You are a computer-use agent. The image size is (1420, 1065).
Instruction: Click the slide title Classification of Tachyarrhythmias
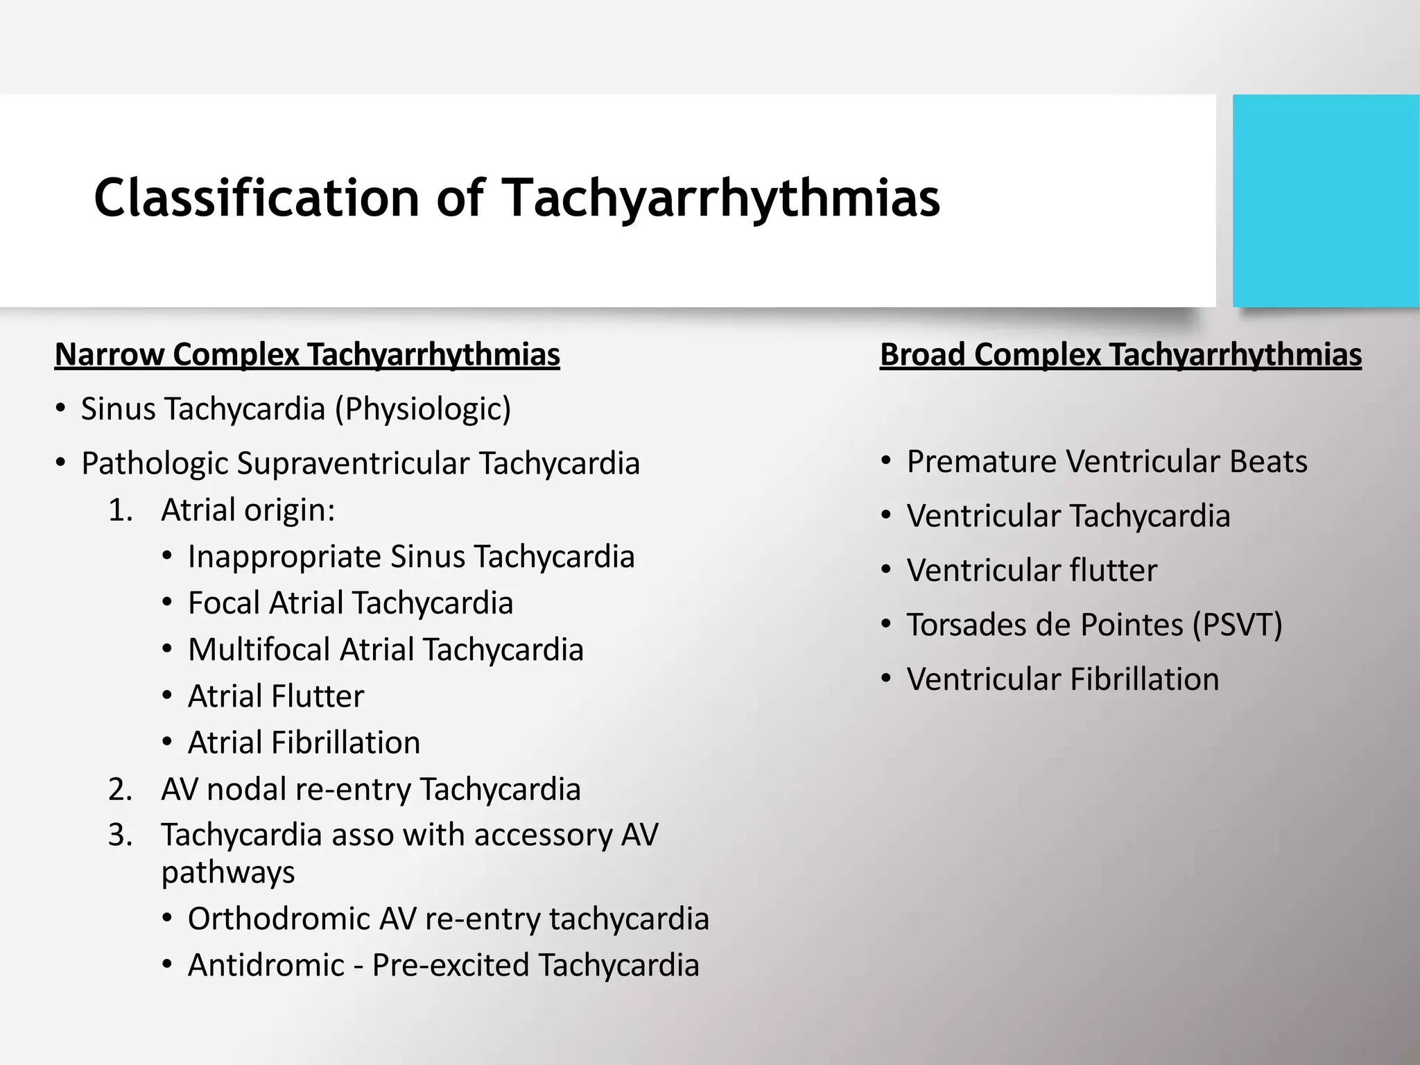517,198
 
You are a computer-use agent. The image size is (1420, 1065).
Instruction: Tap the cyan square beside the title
1326,200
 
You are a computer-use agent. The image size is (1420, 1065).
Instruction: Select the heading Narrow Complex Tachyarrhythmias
307,355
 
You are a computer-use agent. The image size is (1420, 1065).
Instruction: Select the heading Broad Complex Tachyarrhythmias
1120,355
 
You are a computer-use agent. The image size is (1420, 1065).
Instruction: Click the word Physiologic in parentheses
423,409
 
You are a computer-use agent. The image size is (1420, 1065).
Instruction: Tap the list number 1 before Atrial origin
119,510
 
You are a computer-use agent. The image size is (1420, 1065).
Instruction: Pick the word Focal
223,603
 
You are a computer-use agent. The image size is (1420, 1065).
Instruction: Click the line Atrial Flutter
275,696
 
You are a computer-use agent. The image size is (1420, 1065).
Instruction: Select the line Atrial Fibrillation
304,743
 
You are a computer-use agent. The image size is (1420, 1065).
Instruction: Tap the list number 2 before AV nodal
119,789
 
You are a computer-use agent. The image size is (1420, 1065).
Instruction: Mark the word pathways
228,872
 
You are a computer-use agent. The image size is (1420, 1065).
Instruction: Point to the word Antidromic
266,965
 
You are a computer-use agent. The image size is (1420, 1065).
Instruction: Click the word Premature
980,462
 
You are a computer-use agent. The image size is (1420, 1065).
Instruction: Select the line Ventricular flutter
1032,571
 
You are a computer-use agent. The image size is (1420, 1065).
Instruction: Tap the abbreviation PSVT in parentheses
1237,625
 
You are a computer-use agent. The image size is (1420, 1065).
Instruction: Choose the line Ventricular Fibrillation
1062,679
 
